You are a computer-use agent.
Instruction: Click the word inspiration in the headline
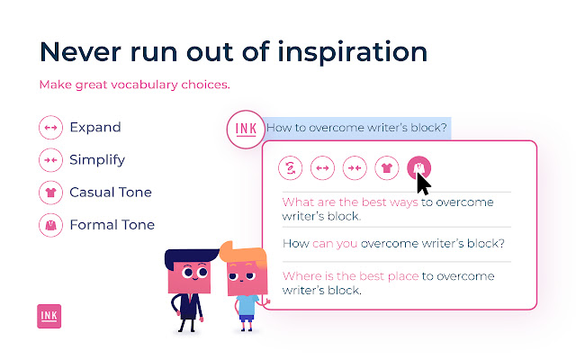pos(352,52)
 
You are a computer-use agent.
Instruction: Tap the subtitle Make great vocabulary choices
pos(134,85)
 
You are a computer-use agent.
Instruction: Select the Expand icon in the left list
pos(50,128)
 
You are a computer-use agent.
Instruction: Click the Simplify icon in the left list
pos(50,160)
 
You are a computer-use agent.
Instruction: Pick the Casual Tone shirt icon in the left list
pos(50,192)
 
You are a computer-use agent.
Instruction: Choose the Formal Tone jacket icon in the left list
pos(50,225)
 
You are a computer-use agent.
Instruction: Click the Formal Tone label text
pos(112,225)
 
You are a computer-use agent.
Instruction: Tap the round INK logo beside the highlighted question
pos(246,130)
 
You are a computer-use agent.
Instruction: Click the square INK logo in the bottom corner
pos(49,316)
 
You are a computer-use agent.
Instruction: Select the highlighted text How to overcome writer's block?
pos(356,128)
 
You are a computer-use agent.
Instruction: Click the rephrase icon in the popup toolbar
pos(290,168)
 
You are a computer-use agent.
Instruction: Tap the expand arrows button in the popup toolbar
pos(322,168)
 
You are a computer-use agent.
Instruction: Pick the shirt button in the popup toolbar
pos(387,168)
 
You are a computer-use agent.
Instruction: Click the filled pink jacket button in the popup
pos(418,168)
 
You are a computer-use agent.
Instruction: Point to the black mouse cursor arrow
pos(422,184)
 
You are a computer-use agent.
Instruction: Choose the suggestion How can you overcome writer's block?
pos(393,244)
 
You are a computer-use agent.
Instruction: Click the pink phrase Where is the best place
pos(350,276)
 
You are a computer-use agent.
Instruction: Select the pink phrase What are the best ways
pos(350,202)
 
